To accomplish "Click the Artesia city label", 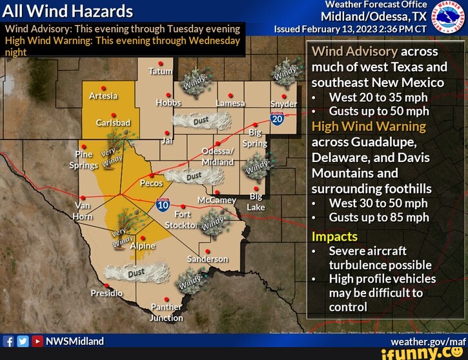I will click(103, 96).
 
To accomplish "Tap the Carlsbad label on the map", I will click(112, 123).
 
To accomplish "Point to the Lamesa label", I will click(230, 103).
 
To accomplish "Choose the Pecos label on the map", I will click(151, 183).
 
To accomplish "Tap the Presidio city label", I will click(107, 293).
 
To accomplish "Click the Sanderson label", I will click(207, 259).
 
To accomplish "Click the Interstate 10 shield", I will click(163, 205).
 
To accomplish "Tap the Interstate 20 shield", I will click(278, 119).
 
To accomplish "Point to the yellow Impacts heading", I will click(334, 236).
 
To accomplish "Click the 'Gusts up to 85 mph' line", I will click(378, 217).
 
